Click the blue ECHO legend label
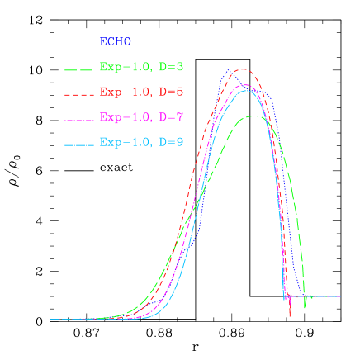point(115,41)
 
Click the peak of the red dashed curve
point(243,69)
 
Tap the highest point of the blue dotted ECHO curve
point(229,70)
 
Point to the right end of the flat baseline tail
point(340,296)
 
